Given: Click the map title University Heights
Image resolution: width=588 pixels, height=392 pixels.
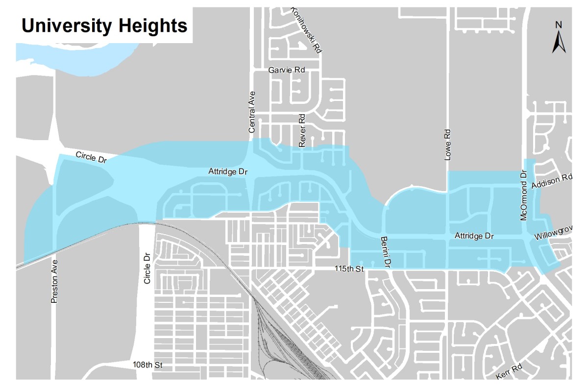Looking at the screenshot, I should coord(104,25).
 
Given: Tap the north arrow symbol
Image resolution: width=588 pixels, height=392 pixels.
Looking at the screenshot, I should coord(559,42).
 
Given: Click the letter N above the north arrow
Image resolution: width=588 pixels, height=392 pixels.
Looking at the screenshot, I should coord(559,25).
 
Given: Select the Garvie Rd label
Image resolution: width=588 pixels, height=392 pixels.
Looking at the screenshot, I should coord(287,70).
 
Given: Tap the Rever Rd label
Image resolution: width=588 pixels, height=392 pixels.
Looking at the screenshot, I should coord(302,131).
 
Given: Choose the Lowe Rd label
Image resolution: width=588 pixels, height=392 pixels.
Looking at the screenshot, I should coord(446,145).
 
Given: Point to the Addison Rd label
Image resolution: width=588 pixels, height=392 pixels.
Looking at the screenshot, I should coord(552,181).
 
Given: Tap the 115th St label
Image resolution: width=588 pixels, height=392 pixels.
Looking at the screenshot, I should coord(349,269).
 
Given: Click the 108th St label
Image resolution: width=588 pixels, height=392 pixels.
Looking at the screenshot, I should coord(147,365).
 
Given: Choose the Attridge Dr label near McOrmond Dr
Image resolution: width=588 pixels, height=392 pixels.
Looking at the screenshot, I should coord(474,236).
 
